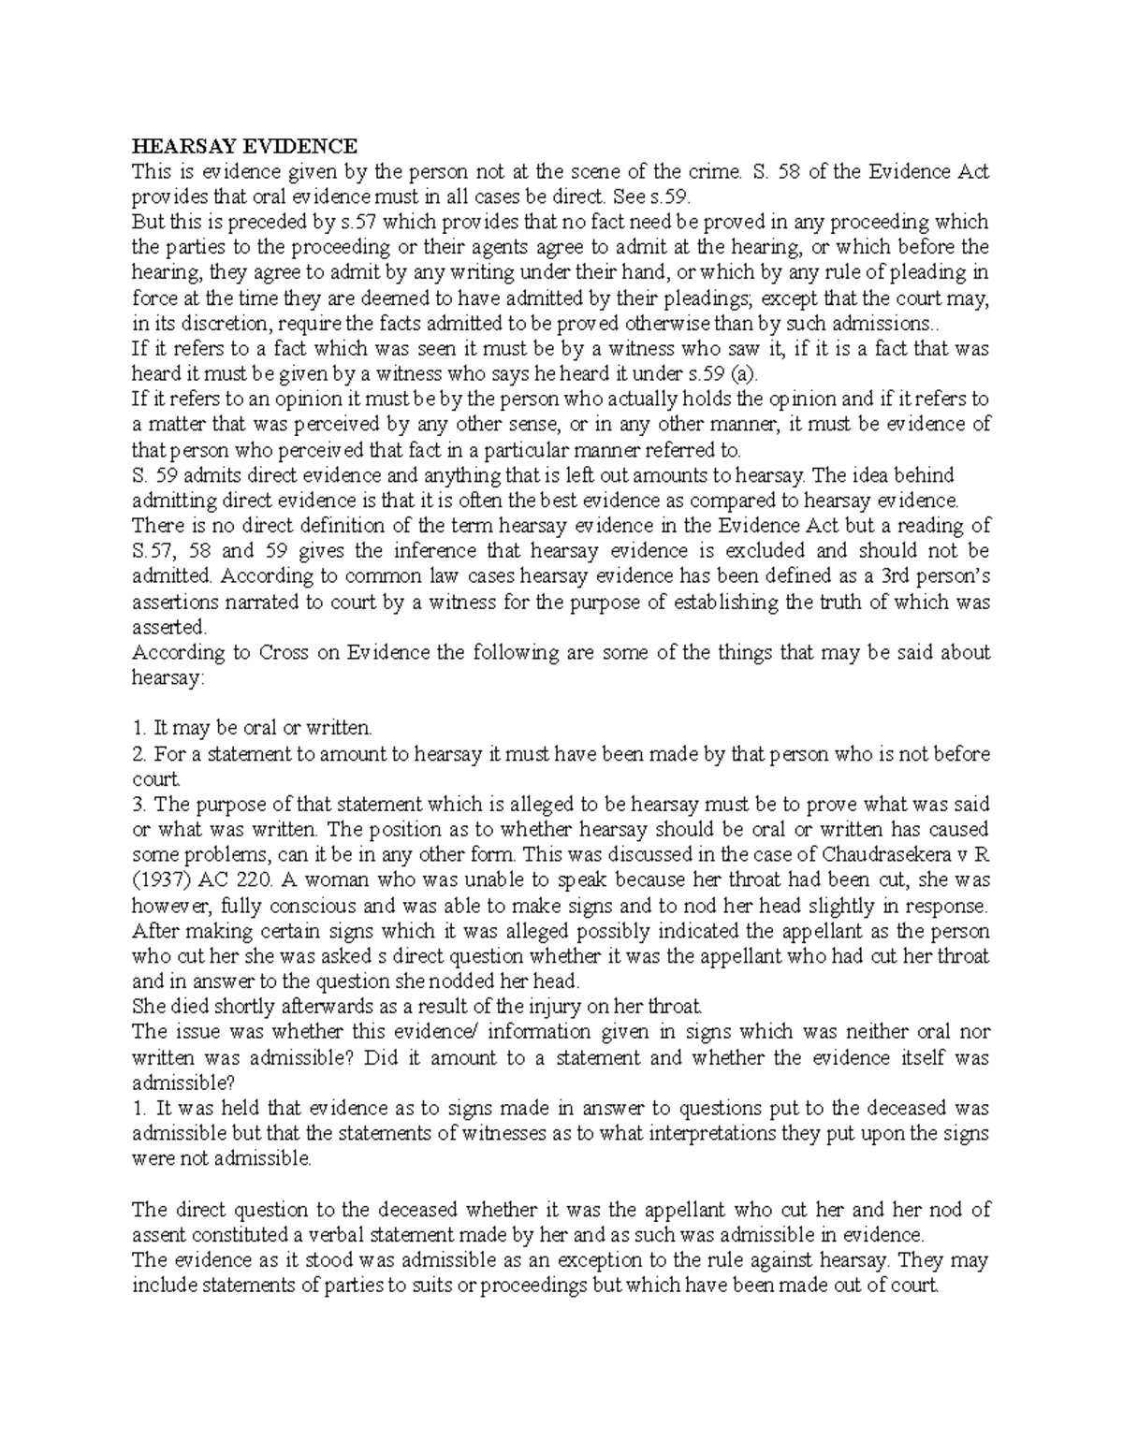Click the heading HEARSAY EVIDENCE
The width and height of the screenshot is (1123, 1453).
click(244, 146)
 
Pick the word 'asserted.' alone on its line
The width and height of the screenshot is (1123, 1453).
click(169, 627)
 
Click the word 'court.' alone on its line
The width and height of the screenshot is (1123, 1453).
click(155, 778)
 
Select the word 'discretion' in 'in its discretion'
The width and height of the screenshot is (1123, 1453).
click(210, 323)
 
